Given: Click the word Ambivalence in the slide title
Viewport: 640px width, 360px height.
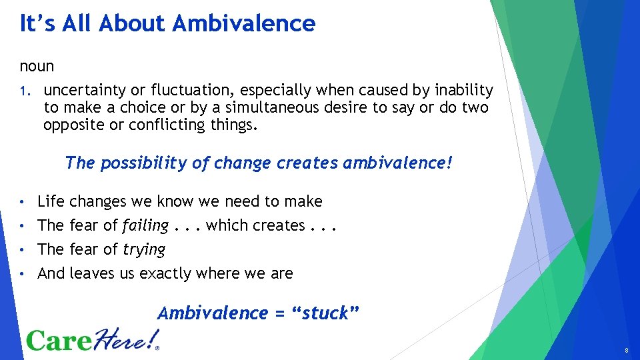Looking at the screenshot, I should (x=244, y=23).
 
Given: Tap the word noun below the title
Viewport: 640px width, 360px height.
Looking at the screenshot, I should (x=37, y=67).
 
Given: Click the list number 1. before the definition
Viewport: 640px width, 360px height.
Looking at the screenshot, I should (x=24, y=91).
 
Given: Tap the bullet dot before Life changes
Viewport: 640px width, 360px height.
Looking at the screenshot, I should (x=23, y=201).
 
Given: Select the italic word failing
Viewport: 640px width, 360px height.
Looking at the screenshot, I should (x=145, y=225).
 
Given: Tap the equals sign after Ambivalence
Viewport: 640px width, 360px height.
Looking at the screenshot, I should (x=281, y=313).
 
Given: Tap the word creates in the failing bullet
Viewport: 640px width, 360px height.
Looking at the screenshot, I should (x=279, y=225).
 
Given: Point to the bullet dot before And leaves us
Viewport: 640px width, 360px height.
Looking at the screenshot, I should (x=23, y=273).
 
